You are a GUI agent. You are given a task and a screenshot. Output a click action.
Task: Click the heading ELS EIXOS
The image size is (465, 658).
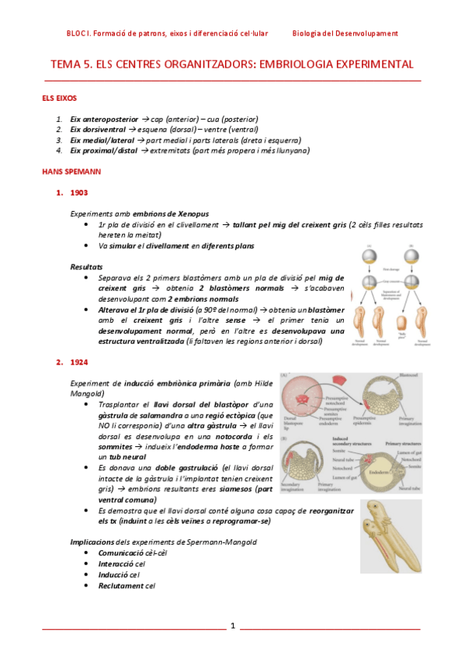coord(59,99)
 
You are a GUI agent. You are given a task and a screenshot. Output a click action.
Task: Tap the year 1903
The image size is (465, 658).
coord(78,192)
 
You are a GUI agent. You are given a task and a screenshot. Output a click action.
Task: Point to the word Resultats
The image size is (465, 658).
coord(87,266)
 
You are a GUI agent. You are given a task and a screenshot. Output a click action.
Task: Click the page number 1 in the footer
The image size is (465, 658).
coord(231,625)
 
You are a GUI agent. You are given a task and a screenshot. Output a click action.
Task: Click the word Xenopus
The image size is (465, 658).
coord(192,213)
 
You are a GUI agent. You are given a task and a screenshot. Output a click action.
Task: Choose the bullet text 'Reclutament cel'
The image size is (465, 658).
coord(127,586)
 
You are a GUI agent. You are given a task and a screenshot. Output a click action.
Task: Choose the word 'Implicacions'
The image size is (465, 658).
coord(92,542)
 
